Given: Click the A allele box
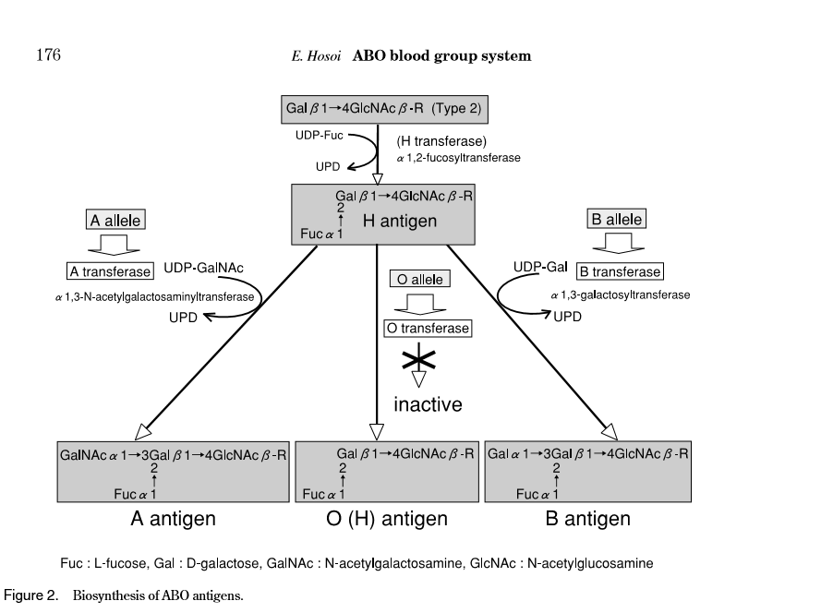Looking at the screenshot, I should pos(115,220).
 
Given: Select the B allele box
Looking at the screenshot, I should pos(616,219).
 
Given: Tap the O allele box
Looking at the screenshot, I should pos(419,279).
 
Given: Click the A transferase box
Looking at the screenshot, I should pos(111,271).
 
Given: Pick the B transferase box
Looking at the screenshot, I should pos(620,271).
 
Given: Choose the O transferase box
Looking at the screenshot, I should pos(428,328).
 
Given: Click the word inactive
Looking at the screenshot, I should pos(428,404).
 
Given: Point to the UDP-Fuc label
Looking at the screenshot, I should pos(319,135).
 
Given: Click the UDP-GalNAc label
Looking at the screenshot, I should pos(204,268).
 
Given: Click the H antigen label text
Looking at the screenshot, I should pos(399,222).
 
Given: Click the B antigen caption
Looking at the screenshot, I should pos(588,519).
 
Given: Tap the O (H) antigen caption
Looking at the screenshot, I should pos(387,519).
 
